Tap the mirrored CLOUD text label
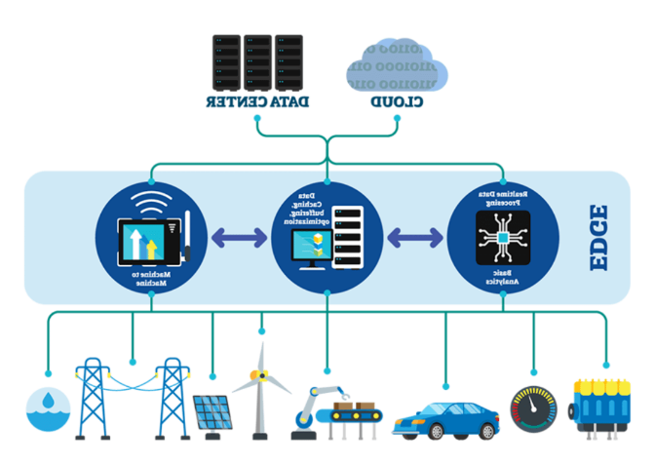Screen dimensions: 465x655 coord(398,102)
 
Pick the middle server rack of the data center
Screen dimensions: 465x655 coord(257,60)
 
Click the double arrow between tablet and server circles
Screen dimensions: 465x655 coord(240,237)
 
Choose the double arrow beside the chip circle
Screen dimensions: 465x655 coord(415,237)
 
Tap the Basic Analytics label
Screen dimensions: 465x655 coord(503,278)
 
